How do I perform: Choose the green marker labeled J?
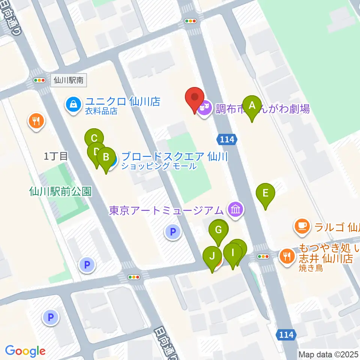[x=212, y=257]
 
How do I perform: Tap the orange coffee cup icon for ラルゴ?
[x=302, y=226]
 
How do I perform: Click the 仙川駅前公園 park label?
[x=60, y=192]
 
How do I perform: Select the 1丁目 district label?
[x=55, y=156]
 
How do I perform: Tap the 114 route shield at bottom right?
[x=286, y=334]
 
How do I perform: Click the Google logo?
[x=25, y=351]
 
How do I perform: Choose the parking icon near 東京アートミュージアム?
[x=172, y=232]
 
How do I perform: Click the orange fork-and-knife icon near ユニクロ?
[x=36, y=121]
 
